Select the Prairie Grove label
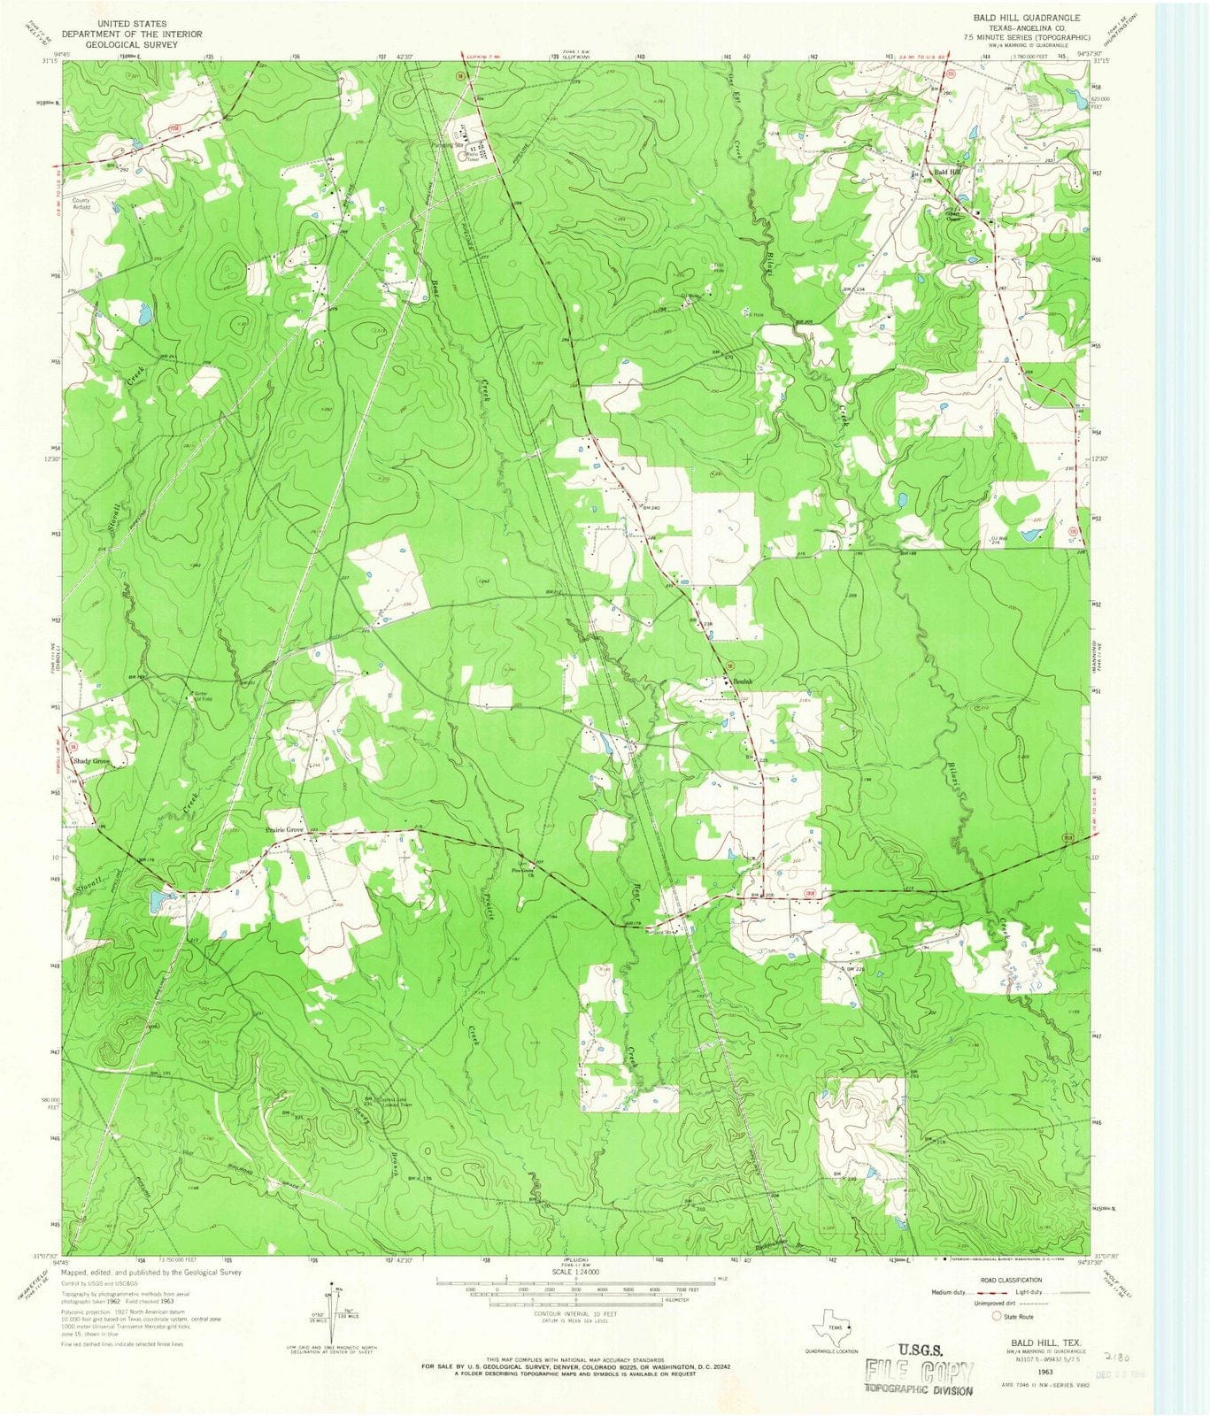click(284, 830)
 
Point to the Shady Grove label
click(91, 761)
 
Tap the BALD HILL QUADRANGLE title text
click(1027, 18)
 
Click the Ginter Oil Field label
click(203, 695)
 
